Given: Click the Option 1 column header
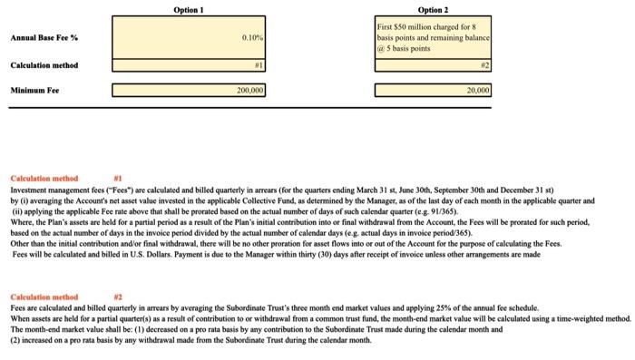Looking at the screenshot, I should click(x=189, y=9).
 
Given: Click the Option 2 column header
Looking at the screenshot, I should click(x=433, y=9).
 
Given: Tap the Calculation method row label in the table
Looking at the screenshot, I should click(x=44, y=65).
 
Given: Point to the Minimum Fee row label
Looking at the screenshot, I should click(x=35, y=91).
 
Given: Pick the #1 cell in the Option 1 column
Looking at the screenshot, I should click(x=259, y=65).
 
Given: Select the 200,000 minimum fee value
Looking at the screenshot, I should click(x=249, y=91).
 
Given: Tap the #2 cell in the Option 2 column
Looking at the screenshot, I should click(x=485, y=65).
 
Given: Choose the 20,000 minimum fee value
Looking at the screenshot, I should click(x=478, y=91).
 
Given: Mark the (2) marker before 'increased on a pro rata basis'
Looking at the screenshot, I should click(x=15, y=340).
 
